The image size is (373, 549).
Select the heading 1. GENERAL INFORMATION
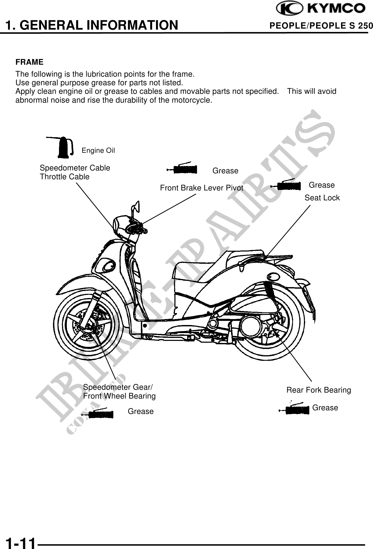click(92, 25)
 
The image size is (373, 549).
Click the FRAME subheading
click(29, 62)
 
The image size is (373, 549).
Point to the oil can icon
click(63, 148)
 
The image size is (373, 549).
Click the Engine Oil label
click(98, 150)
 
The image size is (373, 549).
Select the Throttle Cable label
click(64, 177)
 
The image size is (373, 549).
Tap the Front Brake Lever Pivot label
click(201, 188)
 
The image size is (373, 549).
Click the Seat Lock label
click(322, 198)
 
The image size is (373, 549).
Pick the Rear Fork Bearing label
click(319, 390)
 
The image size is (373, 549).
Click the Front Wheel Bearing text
click(119, 396)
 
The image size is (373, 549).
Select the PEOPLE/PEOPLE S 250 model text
click(321, 26)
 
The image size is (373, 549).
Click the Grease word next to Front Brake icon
click(225, 171)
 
